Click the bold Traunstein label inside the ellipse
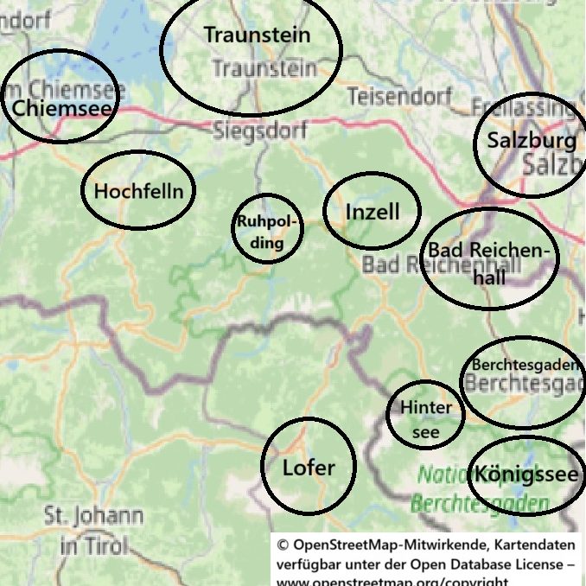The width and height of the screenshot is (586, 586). coord(257,35)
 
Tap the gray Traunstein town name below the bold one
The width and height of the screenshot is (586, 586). coord(264,68)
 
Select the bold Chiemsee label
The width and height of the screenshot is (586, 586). coord(61,109)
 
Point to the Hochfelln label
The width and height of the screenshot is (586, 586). coord(138,191)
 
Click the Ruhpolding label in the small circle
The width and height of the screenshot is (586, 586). coord(268,232)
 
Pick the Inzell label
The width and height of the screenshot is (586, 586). coord(373,212)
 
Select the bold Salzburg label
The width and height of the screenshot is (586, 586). coord(531,140)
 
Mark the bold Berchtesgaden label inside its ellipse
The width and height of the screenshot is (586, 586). coord(525,365)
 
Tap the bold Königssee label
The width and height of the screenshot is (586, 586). coord(525,475)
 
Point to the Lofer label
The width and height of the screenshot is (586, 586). coord(309,468)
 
